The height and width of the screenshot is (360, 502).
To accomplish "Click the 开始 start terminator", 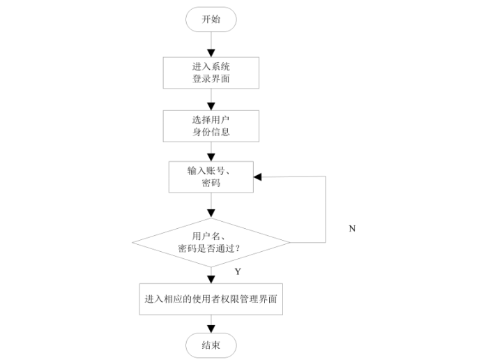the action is click(211, 20).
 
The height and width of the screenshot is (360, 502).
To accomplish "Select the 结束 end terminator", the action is click(211, 345).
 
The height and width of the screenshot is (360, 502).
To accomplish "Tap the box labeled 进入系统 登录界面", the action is click(211, 73).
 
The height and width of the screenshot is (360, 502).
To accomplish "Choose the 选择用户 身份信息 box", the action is click(211, 126).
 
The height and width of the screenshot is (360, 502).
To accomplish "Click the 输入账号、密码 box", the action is click(211, 177).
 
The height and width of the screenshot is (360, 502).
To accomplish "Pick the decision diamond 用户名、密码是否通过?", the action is click(211, 243).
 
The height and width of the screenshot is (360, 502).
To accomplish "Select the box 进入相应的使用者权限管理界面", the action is click(211, 299).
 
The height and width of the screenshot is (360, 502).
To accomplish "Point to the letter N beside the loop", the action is click(352, 228).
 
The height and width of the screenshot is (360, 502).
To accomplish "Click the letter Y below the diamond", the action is click(238, 271).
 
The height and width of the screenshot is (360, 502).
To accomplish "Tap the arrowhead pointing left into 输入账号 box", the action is click(258, 177).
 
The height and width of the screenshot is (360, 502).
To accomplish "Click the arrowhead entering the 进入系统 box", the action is click(211, 53).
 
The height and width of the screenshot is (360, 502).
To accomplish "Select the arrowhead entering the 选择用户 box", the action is click(211, 106).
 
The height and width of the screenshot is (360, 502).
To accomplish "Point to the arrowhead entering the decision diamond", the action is click(211, 213).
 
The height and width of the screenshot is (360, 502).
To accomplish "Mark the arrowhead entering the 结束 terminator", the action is click(211, 329).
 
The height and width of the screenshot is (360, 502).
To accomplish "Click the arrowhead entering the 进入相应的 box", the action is click(211, 280).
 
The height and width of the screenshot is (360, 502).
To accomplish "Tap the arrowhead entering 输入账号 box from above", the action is click(211, 158).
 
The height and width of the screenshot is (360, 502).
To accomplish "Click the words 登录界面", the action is click(211, 79).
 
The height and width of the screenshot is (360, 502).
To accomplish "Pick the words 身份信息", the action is click(211, 132).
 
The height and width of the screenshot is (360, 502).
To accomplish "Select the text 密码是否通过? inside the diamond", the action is click(209, 248).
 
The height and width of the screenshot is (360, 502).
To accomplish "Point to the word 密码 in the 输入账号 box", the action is click(211, 183).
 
